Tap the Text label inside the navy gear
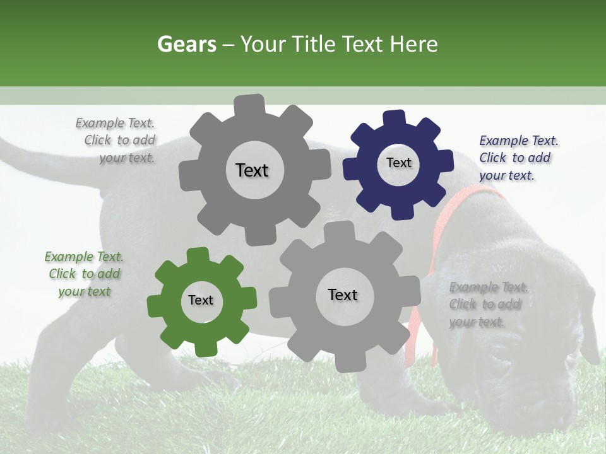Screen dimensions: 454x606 click(x=398, y=163)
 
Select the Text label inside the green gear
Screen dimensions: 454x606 click(x=201, y=300)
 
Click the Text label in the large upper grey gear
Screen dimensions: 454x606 click(x=252, y=170)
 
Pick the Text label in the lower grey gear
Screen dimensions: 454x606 click(x=343, y=294)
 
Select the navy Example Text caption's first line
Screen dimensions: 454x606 click(x=518, y=141)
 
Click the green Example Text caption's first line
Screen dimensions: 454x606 click(x=83, y=257)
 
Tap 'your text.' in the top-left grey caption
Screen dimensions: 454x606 click(x=127, y=158)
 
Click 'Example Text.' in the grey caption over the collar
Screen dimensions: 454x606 click(x=489, y=288)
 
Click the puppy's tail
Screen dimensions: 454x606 click(x=38, y=158)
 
